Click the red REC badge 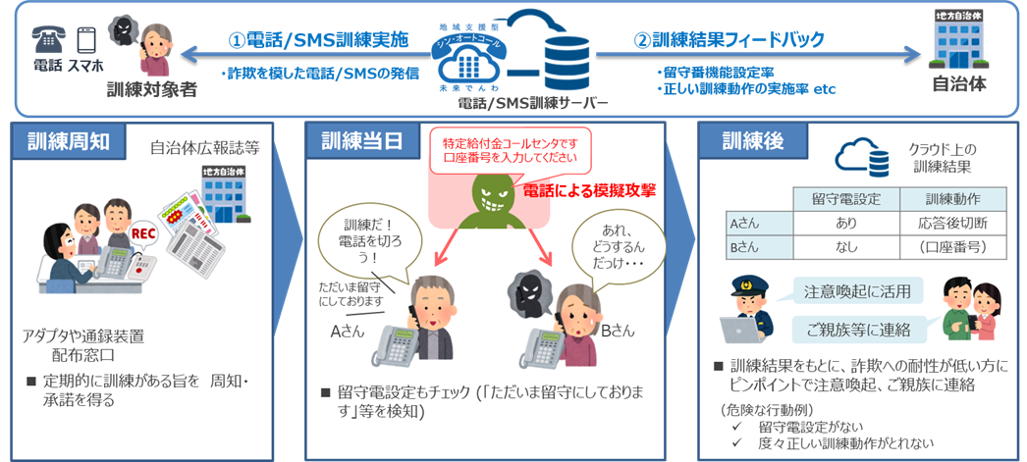point(143,235)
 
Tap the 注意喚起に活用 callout point(849,290)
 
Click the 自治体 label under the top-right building point(958,84)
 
